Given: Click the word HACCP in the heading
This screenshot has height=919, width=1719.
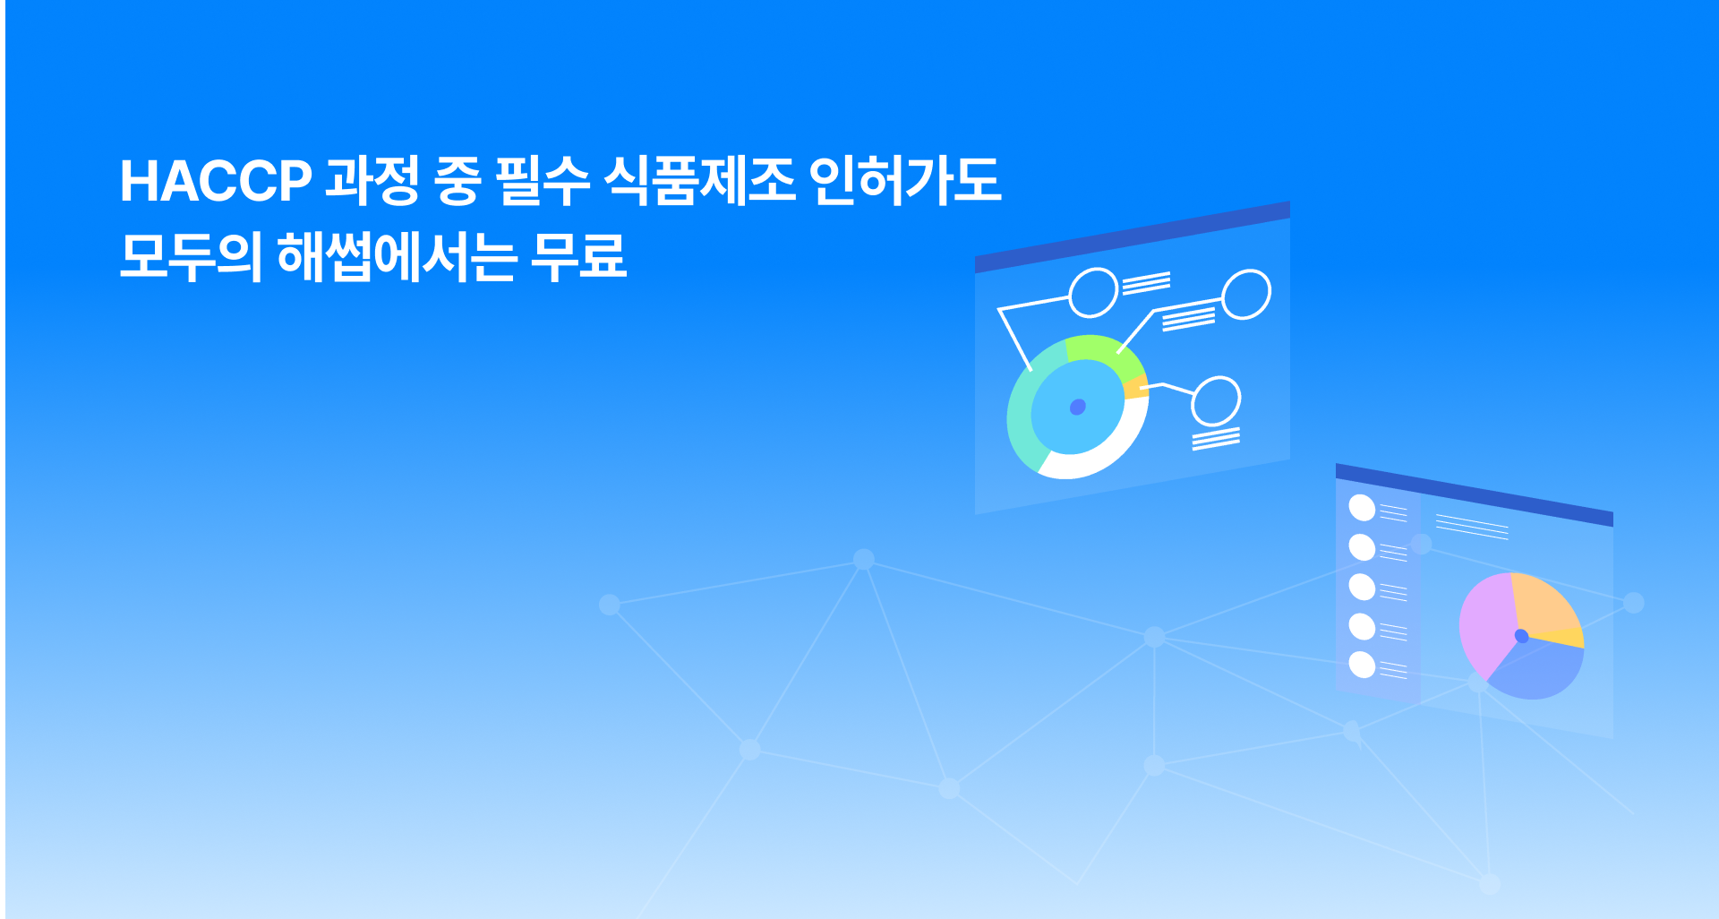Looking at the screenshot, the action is click(x=216, y=181).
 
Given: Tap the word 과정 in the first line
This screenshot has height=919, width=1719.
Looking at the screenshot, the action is click(x=372, y=181).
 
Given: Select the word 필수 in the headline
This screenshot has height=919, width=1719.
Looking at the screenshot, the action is click(x=543, y=181).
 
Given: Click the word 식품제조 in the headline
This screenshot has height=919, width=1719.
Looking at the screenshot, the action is click(x=699, y=181).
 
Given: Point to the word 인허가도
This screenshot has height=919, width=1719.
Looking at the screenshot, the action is click(x=905, y=181).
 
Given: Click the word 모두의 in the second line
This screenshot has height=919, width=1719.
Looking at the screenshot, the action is click(x=191, y=257).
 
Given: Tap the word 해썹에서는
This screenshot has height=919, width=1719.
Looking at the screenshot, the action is click(x=397, y=257).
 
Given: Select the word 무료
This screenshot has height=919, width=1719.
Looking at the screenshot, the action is click(x=578, y=257).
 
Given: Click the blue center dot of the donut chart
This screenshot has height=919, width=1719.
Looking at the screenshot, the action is click(x=1078, y=408).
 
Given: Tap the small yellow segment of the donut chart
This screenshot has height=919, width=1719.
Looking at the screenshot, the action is click(x=1137, y=388).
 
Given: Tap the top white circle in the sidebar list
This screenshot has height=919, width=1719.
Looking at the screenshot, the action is click(x=1362, y=508).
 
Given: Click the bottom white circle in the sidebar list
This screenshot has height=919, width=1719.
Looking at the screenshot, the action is click(x=1362, y=666).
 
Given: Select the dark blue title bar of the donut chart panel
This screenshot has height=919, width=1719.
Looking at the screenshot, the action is click(x=1133, y=236).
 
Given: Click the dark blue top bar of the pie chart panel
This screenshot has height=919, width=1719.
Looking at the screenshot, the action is click(x=1475, y=494).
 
